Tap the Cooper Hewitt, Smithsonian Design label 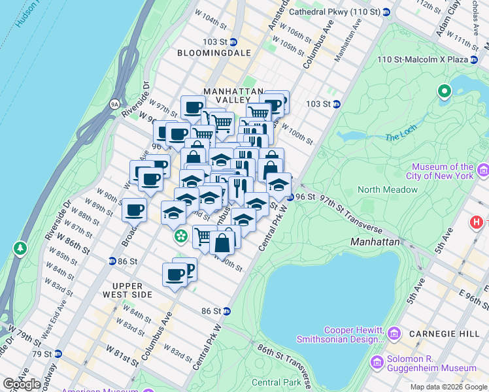(x=340, y=335)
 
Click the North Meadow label (x=387, y=189)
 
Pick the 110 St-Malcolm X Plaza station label (x=423, y=59)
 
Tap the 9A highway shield (x=114, y=103)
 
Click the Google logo (x=22, y=384)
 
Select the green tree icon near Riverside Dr (x=20, y=248)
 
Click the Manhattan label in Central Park (x=375, y=241)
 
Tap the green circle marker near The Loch (x=445, y=91)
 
